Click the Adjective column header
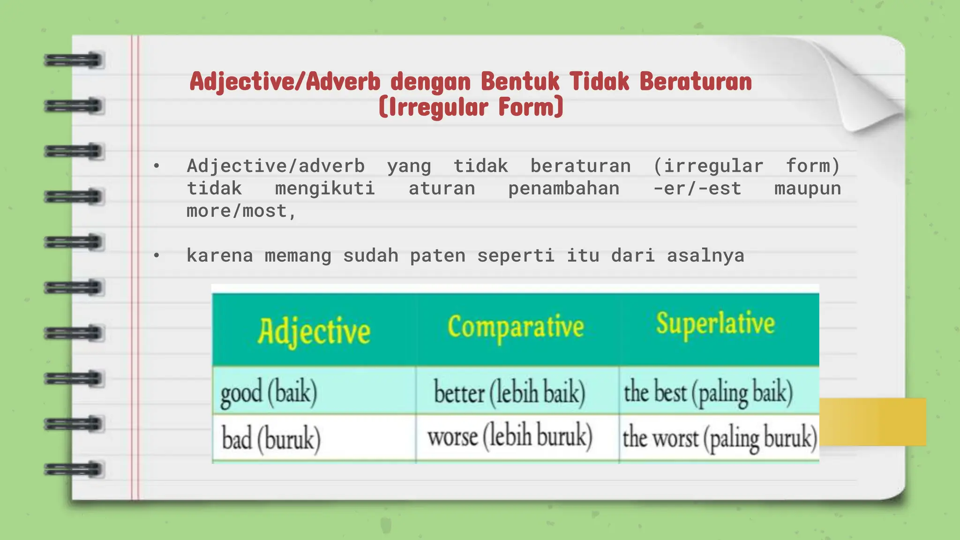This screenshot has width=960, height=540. click(314, 331)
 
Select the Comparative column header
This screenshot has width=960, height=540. click(516, 327)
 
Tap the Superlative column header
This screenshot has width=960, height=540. click(715, 323)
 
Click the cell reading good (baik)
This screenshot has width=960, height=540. click(269, 392)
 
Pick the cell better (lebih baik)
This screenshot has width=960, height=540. click(510, 392)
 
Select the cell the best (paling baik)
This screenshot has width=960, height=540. click(708, 392)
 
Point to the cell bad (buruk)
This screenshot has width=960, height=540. click(271, 439)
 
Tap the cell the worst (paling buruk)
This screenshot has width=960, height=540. click(719, 438)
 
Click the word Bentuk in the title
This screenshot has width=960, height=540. click(520, 82)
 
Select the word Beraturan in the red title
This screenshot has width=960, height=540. click(696, 82)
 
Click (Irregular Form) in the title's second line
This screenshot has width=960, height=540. click(471, 107)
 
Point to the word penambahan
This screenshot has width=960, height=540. click(563, 188)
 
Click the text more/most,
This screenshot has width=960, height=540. click(241, 211)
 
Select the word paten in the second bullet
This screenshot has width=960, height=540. click(437, 255)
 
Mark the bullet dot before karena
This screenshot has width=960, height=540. click(157, 255)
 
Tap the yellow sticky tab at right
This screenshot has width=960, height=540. click(873, 422)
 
